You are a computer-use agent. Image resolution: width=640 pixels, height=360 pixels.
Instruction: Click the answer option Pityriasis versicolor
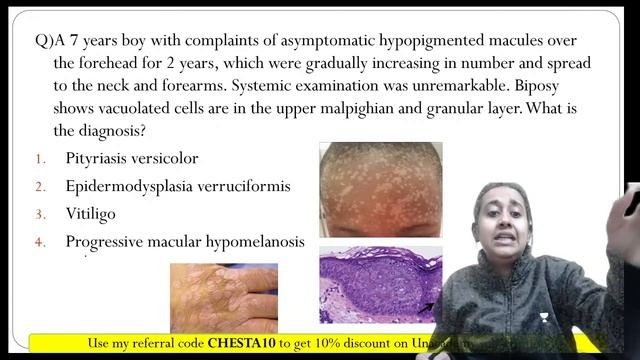[132, 158]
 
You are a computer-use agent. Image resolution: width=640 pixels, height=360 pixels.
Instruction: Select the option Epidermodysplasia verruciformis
[178, 186]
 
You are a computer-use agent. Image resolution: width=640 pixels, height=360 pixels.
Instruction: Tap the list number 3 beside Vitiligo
[41, 214]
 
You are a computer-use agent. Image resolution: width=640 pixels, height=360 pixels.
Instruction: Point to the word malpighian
[343, 109]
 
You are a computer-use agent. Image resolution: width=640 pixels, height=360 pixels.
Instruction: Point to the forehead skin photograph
[379, 189]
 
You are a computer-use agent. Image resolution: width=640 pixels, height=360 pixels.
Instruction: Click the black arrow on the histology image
[428, 306]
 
